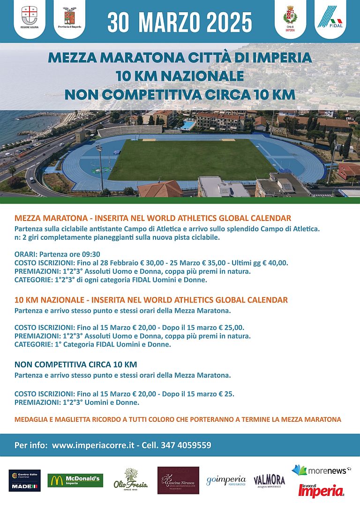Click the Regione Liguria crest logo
pyautogui.click(x=30, y=16)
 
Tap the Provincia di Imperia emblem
pyautogui.click(x=72, y=17)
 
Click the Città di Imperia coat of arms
pyautogui.click(x=290, y=18)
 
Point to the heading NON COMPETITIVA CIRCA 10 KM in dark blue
pyautogui.click(x=75, y=365)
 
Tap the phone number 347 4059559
pyautogui.click(x=186, y=445)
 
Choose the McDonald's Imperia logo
pyautogui.click(x=75, y=480)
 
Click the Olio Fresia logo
pyautogui.click(x=130, y=479)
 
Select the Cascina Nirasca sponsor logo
pyautogui.click(x=178, y=480)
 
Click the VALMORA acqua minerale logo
pyautogui.click(x=269, y=481)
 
